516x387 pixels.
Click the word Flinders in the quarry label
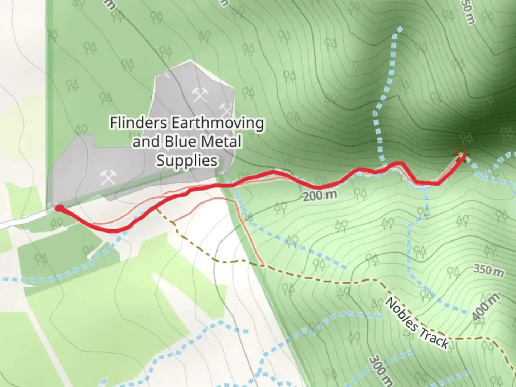pyautogui.click(x=138, y=123)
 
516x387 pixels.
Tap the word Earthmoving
pyautogui.click(x=218, y=123)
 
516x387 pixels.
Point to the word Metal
pyautogui.click(x=221, y=142)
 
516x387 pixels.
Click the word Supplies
pyautogui.click(x=187, y=160)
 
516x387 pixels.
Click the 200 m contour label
pyautogui.click(x=320, y=195)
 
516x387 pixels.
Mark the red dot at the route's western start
pyautogui.click(x=58, y=209)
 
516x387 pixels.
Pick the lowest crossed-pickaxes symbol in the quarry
pyautogui.click(x=108, y=177)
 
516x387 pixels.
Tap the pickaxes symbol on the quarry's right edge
pyautogui.click(x=225, y=108)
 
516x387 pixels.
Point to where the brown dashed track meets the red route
pyautogui.click(x=156, y=207)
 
